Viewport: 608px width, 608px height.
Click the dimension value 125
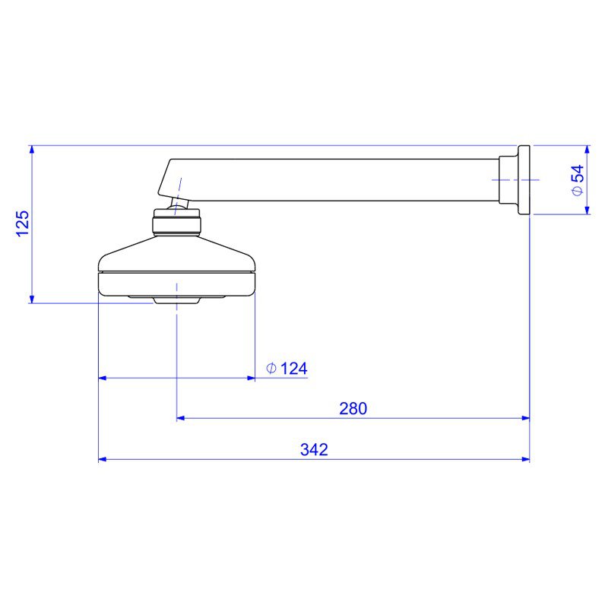point(22,223)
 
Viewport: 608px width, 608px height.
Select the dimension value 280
point(353,408)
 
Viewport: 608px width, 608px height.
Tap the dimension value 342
point(314,449)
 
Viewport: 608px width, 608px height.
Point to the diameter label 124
point(293,369)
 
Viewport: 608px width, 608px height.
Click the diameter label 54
point(578,173)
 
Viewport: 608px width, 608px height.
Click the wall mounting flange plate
point(524,180)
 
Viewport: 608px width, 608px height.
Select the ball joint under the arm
point(179,204)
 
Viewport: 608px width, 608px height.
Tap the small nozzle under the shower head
point(177,300)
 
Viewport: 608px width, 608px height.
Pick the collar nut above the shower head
point(177,223)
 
